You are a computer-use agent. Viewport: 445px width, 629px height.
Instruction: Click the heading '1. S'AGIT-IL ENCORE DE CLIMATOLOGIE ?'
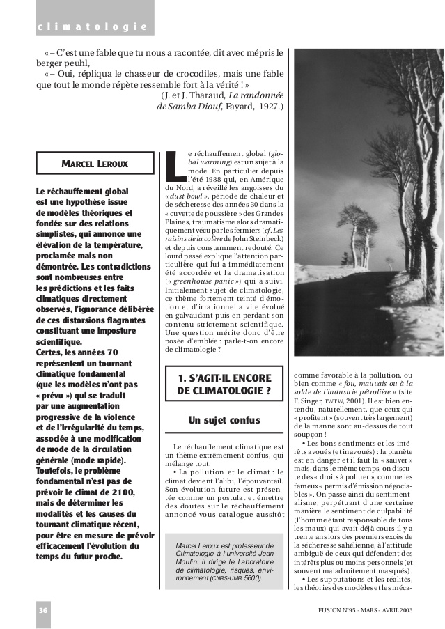pos(224,385)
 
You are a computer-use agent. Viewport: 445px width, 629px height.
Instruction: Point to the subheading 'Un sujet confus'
pos(224,421)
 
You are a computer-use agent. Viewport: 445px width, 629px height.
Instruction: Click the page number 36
pos(43,610)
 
